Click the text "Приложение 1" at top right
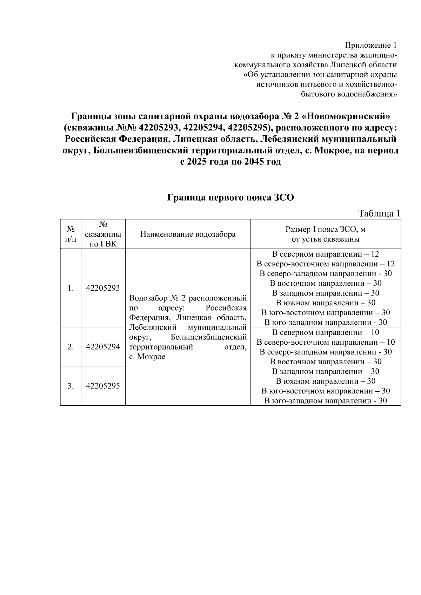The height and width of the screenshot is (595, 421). (371, 45)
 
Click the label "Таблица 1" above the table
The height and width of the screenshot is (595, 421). (379, 214)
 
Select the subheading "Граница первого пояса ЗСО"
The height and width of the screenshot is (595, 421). (230, 198)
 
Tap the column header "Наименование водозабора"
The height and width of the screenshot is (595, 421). (188, 234)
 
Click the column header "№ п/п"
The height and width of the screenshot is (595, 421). (71, 234)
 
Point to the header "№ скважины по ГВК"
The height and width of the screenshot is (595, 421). (103, 234)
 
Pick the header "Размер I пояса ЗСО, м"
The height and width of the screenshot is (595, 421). (325, 230)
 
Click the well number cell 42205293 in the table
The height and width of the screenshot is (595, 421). (103, 288)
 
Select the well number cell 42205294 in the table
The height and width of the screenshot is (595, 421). (103, 347)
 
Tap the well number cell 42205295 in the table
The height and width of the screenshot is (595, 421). (103, 386)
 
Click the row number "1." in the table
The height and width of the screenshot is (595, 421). (71, 288)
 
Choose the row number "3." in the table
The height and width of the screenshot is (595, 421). (71, 386)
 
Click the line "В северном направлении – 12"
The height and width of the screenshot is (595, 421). (325, 254)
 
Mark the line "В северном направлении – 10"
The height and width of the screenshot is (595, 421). (325, 332)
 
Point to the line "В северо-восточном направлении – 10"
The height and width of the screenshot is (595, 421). (325, 342)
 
